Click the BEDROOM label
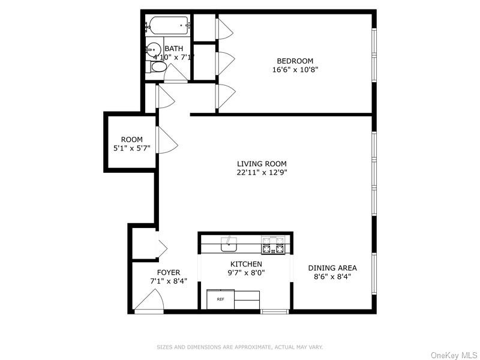[295, 61]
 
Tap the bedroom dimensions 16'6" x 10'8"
[295, 69]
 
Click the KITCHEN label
[246, 264]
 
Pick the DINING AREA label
[332, 268]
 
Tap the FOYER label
[169, 272]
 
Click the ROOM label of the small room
[131, 139]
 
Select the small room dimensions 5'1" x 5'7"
[131, 148]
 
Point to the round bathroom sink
[154, 49]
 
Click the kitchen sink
[229, 244]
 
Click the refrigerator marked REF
[220, 299]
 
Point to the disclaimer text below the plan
[240, 347]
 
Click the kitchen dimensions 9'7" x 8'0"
[246, 272]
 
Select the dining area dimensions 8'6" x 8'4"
[332, 277]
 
